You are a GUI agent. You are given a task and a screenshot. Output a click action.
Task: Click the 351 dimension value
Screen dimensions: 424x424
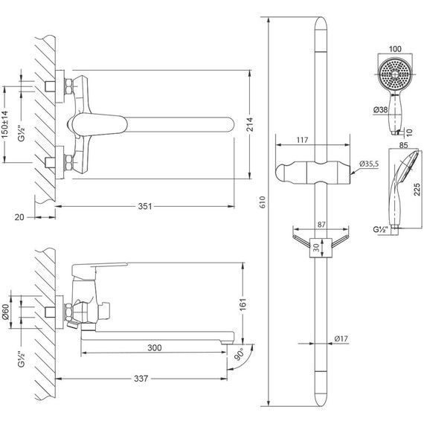145,206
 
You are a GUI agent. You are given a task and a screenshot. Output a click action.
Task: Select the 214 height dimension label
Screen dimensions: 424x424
251,124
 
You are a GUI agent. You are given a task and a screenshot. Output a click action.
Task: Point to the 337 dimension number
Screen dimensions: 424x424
141,379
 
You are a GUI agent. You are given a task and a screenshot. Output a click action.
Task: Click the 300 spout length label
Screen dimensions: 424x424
155,347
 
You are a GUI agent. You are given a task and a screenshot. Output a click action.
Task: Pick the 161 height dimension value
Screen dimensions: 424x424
243,304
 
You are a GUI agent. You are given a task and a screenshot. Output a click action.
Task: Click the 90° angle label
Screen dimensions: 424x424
239,354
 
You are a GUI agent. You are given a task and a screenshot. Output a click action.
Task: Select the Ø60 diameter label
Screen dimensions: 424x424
5,312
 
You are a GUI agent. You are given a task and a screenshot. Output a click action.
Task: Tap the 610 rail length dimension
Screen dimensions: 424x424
263,202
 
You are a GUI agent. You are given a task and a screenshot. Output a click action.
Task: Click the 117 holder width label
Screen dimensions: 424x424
302,140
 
